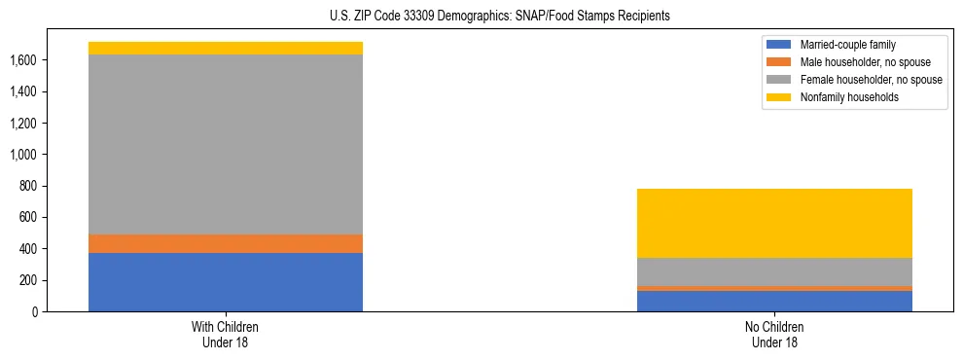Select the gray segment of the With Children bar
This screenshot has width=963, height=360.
tap(226, 144)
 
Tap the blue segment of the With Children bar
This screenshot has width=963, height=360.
tap(226, 282)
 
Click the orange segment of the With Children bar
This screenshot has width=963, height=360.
tap(226, 243)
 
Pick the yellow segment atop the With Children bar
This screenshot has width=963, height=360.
tap(226, 48)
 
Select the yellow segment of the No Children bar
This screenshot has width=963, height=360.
tap(774, 223)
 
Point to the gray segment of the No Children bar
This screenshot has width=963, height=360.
tap(774, 271)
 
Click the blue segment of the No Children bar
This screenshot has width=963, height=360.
tap(774, 301)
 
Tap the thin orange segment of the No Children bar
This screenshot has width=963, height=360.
tap(774, 288)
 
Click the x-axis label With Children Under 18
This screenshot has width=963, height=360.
tap(226, 334)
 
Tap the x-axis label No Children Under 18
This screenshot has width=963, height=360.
tap(774, 334)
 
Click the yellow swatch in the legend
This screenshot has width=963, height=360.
tap(779, 97)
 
